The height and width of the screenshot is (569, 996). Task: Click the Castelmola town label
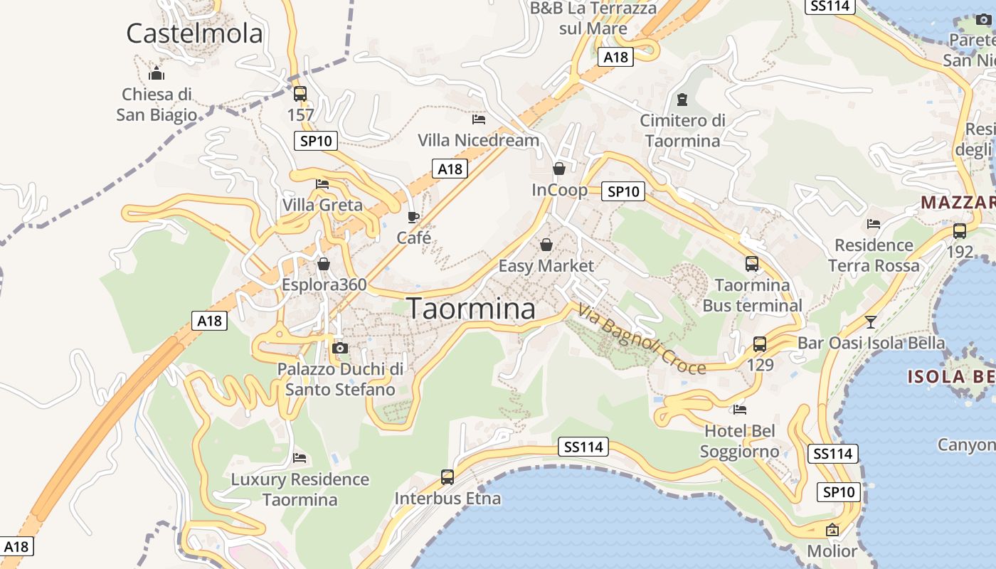[x=194, y=33]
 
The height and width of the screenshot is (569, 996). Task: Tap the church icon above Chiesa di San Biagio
[x=157, y=73]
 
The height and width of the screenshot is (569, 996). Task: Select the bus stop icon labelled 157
[x=300, y=93]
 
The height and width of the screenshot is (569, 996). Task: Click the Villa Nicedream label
[x=478, y=140]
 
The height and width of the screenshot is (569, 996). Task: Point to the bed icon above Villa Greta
[x=322, y=184]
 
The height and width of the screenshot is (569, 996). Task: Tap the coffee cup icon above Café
[x=413, y=217]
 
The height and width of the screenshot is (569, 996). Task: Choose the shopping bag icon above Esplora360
[x=324, y=265]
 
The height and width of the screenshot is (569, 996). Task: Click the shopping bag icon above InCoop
[x=559, y=169]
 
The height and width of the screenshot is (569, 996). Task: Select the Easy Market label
[x=546, y=266]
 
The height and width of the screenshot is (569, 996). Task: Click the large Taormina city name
[x=471, y=309]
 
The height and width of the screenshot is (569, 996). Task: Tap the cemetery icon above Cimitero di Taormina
[x=683, y=99]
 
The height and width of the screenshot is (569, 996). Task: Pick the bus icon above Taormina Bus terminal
[x=752, y=264]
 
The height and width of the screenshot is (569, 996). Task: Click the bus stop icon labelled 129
[x=760, y=344]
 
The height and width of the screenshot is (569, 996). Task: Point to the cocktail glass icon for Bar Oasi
[x=870, y=321]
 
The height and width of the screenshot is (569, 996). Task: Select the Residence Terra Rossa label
[x=874, y=255]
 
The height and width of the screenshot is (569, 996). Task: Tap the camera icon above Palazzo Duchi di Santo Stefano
[x=340, y=348]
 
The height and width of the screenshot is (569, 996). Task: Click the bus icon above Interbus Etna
[x=447, y=477]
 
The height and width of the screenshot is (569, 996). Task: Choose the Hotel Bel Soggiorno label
[x=740, y=441]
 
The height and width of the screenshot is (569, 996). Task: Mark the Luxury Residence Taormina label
[x=300, y=489]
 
